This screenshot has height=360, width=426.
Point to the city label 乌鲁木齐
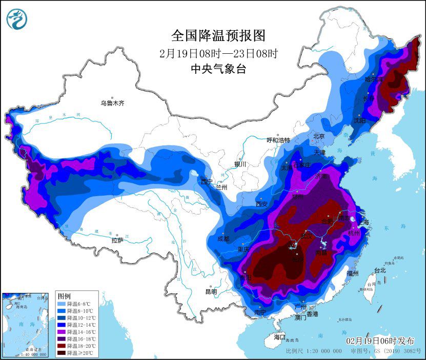click(x=112, y=103)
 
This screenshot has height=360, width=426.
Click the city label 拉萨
click(x=117, y=240)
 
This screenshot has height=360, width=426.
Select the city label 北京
click(x=319, y=136)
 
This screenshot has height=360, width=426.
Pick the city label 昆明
click(x=211, y=291)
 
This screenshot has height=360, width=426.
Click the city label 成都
click(x=223, y=239)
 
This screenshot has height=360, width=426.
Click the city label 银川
click(x=240, y=164)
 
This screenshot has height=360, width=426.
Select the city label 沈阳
click(x=359, y=120)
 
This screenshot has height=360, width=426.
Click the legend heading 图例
click(x=64, y=297)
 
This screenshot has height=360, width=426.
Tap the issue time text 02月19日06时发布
click(x=380, y=341)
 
